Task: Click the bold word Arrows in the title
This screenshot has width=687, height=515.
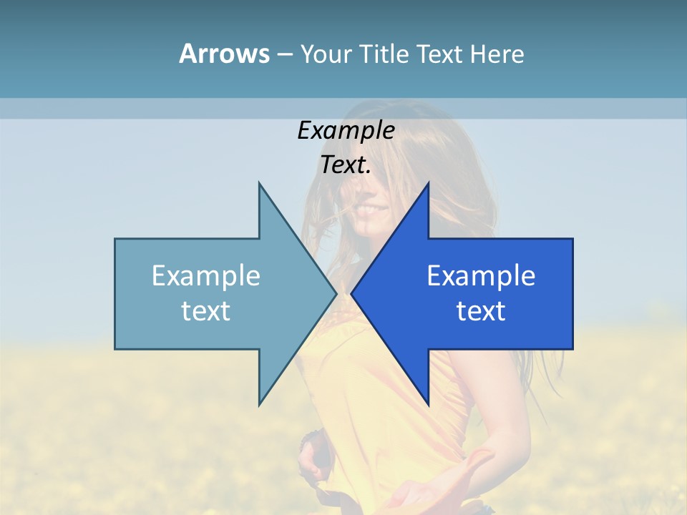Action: tap(224, 54)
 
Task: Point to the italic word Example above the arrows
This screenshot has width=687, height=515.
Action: tap(346, 131)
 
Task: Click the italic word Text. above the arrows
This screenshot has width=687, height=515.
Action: tap(346, 165)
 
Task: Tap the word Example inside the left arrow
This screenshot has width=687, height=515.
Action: tap(205, 276)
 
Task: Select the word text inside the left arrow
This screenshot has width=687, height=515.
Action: tap(205, 311)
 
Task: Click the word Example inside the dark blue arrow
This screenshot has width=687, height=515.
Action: tap(481, 276)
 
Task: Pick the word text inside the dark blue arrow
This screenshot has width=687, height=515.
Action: tap(481, 311)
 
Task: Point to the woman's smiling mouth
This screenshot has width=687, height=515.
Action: tap(374, 210)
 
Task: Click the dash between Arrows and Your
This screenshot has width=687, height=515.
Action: tap(284, 54)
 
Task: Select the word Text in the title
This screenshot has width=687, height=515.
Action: tap(439, 54)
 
